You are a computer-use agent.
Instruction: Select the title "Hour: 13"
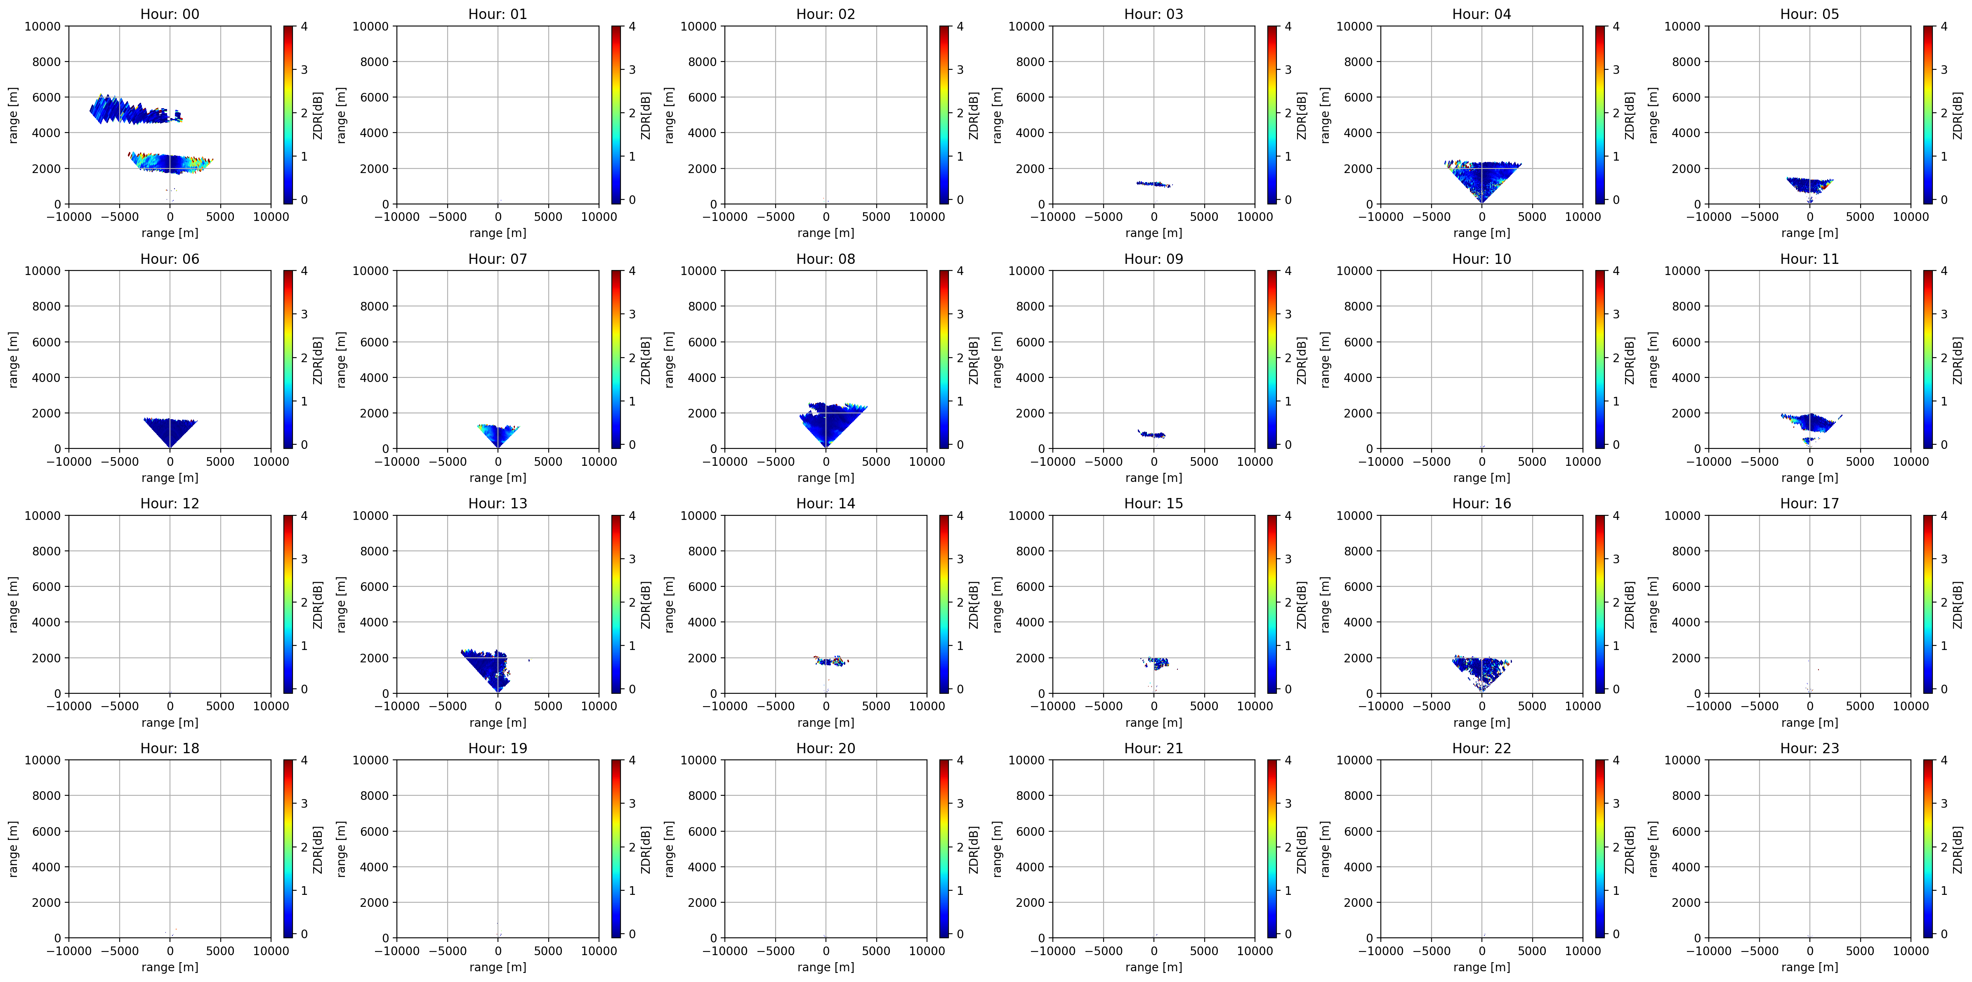pyautogui.click(x=498, y=503)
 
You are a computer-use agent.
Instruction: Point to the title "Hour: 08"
pyautogui.click(x=825, y=259)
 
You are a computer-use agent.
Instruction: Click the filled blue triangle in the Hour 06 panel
pyautogui.click(x=170, y=430)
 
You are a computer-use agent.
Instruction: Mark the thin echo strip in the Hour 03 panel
pyautogui.click(x=1153, y=184)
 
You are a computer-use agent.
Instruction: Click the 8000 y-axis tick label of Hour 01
pyautogui.click(x=374, y=62)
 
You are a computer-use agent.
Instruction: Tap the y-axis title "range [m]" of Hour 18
pyautogui.click(x=13, y=849)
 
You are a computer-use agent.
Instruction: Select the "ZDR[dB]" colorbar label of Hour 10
pyautogui.click(x=1629, y=360)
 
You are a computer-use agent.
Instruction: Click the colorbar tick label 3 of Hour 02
pyautogui.click(x=960, y=70)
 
